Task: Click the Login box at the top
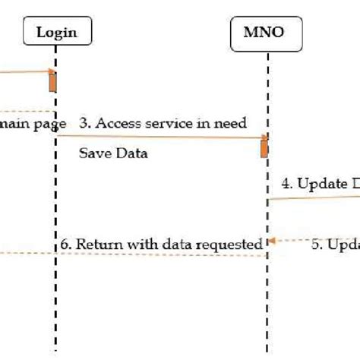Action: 56,32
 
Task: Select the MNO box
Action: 267,32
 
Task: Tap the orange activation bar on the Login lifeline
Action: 53,81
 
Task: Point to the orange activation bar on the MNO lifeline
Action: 264,147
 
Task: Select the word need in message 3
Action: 230,123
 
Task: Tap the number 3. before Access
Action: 85,123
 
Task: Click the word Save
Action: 93,153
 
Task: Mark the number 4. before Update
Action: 286,183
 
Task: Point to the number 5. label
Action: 317,245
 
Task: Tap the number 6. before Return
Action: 67,245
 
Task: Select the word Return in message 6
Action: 96,245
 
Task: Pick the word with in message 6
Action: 136,245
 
